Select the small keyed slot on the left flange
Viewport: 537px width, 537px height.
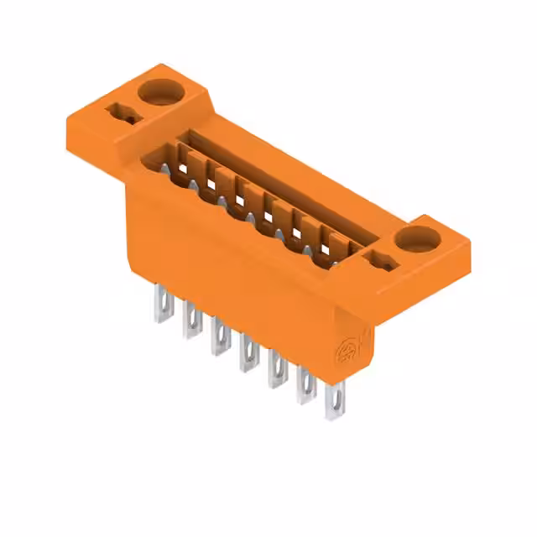pyautogui.click(x=119, y=113)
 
